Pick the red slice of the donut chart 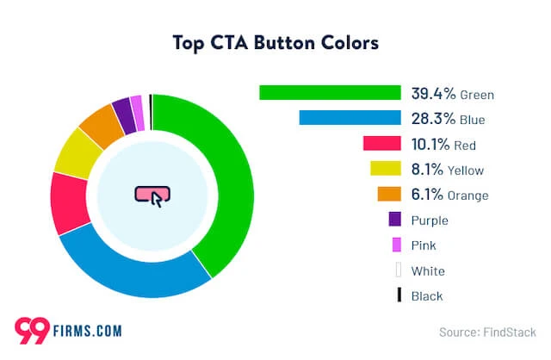(x=70, y=203)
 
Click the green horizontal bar (x=330, y=93)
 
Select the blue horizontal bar (x=350, y=118)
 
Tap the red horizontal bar (x=382, y=144)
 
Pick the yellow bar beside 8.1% (x=386, y=170)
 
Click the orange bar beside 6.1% (x=389, y=195)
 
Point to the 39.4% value (x=434, y=93)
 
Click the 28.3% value (x=434, y=118)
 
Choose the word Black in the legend (x=427, y=295)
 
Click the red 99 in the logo (x=32, y=329)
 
